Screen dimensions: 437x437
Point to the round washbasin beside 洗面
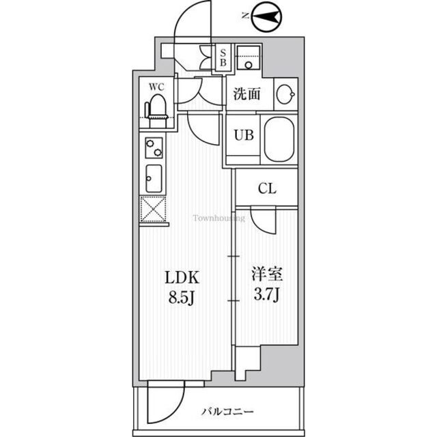coord(285,94)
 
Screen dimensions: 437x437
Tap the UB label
coord(244,135)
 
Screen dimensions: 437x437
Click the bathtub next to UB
coord(280,139)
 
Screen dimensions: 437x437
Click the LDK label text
coord(181,278)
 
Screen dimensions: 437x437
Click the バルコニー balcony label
coord(227,413)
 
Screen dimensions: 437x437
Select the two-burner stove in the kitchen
coord(152,147)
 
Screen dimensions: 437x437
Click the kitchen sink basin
coord(152,179)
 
